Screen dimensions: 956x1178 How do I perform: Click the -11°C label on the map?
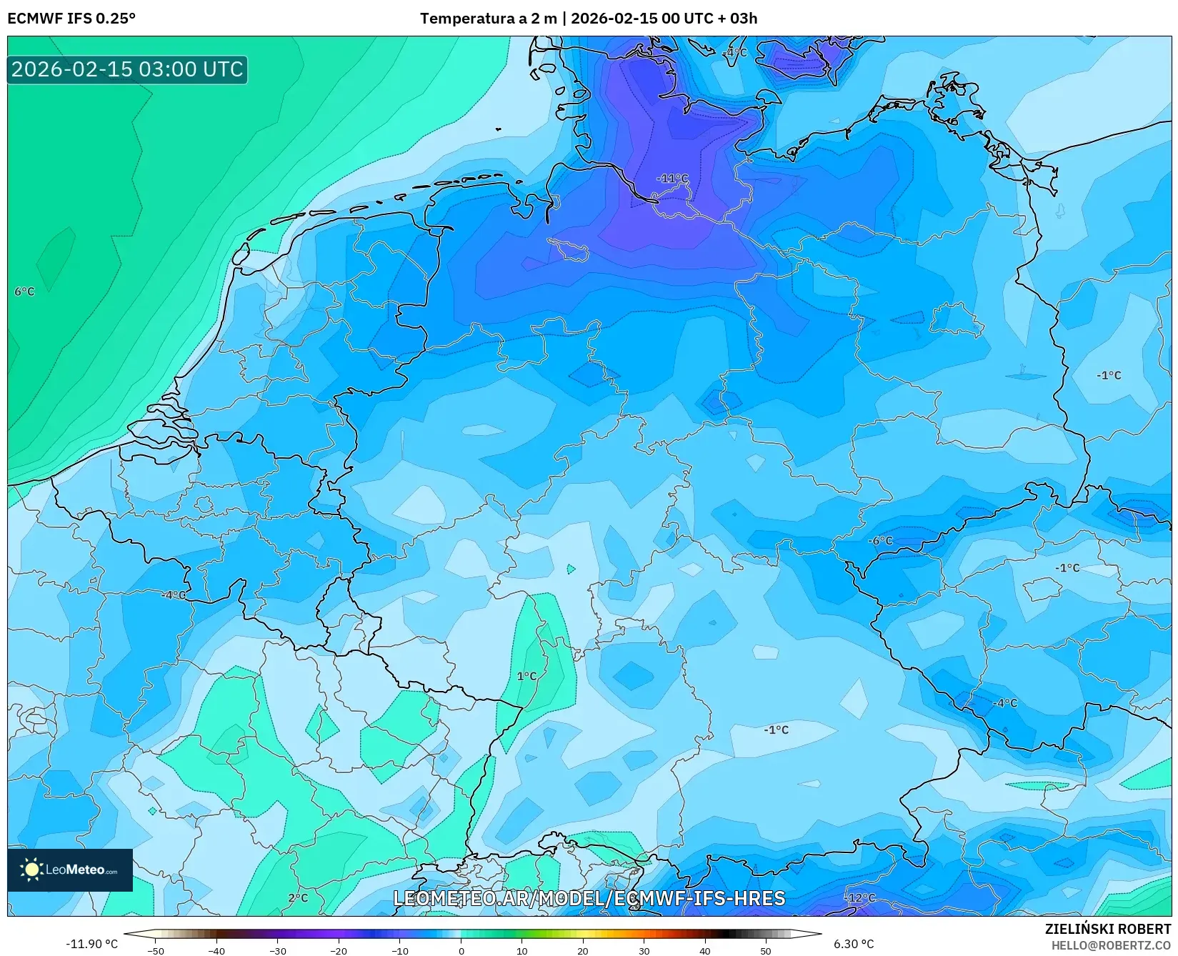(x=672, y=179)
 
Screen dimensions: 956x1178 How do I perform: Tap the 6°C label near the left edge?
(x=24, y=292)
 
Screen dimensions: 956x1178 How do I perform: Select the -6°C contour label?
(x=880, y=541)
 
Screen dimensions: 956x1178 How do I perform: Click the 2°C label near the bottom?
(x=298, y=898)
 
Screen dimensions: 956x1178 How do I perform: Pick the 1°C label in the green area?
(x=526, y=676)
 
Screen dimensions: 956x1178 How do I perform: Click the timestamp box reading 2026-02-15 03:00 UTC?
(x=127, y=69)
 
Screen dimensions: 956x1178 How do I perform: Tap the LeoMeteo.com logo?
(x=70, y=870)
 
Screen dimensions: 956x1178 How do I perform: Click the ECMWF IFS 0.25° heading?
(x=71, y=19)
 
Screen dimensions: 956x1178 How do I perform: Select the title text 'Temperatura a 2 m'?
(x=488, y=19)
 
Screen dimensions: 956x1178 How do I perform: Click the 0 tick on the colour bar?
(x=461, y=950)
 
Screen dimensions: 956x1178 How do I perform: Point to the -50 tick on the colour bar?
(x=156, y=950)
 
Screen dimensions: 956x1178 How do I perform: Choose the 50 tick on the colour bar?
(x=766, y=950)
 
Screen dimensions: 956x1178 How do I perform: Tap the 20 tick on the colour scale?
(x=583, y=950)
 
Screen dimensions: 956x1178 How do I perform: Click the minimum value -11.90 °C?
(x=91, y=944)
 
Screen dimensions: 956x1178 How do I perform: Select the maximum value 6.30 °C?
(x=854, y=944)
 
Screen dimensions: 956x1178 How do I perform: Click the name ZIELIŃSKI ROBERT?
(x=1108, y=930)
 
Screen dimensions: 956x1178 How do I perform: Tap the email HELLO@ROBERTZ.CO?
(x=1111, y=945)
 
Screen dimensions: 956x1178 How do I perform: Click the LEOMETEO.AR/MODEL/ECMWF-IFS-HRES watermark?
(x=589, y=898)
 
